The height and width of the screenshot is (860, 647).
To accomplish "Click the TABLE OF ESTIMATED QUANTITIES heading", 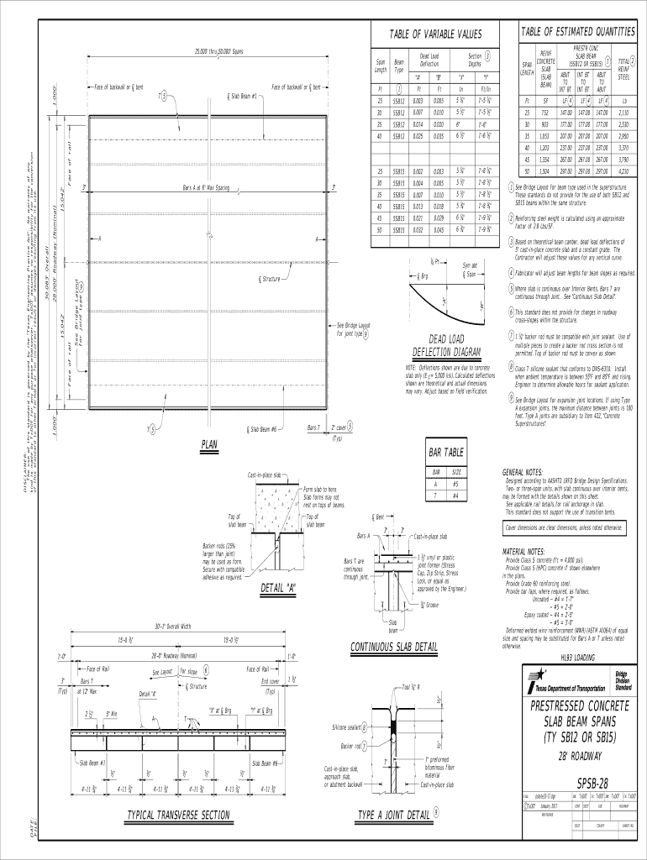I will [x=577, y=31].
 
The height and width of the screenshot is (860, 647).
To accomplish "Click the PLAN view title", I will [x=209, y=444].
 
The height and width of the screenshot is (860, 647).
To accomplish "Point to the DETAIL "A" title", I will [x=279, y=585].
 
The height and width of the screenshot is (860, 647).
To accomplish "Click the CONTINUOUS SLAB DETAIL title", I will [x=393, y=647].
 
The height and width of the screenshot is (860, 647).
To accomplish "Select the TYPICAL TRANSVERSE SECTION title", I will [x=177, y=815].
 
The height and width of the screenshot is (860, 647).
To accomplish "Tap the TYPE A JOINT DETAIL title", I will [x=394, y=815].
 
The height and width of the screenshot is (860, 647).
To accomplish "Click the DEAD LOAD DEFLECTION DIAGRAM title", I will [x=446, y=345].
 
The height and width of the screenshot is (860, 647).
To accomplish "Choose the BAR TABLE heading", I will [x=446, y=453].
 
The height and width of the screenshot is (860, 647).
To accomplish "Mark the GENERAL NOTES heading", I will [x=523, y=472].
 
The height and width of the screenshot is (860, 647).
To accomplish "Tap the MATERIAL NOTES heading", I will [x=524, y=552].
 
